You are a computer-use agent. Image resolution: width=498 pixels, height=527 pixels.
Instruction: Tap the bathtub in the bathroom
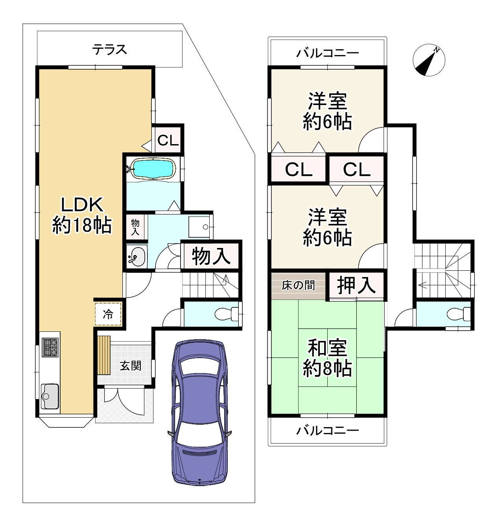point(153,169)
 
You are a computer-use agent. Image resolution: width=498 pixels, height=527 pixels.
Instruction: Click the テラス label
point(110,49)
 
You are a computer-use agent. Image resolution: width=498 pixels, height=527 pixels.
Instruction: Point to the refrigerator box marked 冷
point(107,314)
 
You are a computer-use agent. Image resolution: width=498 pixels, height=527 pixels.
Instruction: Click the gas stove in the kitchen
point(50,347)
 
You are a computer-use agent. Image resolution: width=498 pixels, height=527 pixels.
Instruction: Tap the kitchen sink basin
point(50,395)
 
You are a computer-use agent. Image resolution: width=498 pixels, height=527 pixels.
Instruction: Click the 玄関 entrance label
point(130,366)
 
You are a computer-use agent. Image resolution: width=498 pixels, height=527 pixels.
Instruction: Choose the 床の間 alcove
point(298,285)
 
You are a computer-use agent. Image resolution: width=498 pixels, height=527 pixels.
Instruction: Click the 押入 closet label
point(356,285)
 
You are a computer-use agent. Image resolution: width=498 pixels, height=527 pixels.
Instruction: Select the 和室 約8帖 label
point(327,358)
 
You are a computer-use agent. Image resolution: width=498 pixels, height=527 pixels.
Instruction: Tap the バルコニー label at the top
point(327,53)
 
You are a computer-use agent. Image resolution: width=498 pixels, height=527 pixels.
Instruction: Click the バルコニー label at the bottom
point(327,430)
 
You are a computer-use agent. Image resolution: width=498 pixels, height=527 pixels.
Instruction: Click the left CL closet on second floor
point(299,170)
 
